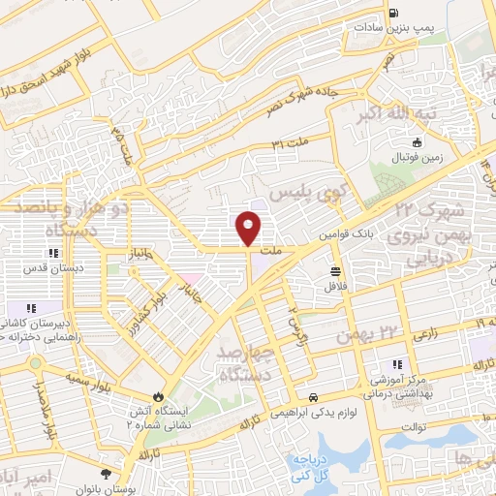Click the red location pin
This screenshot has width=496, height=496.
249,228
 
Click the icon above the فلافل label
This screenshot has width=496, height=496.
335,271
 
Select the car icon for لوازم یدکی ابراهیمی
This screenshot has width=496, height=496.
314,398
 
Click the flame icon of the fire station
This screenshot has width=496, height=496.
158,397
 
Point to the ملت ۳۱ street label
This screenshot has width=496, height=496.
290,145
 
